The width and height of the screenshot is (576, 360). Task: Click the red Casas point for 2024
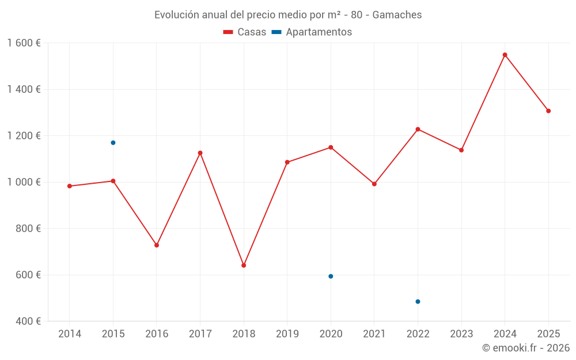coord(505,55)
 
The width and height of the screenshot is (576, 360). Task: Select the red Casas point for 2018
coord(244,266)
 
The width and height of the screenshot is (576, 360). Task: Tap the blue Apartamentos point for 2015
coord(113,143)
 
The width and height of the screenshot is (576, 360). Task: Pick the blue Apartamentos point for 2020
coord(331,276)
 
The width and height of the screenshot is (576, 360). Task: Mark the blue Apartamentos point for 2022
coord(418,302)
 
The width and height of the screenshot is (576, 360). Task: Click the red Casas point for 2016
coord(157,245)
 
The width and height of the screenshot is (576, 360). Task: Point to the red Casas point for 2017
coord(200,153)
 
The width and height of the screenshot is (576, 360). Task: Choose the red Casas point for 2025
coord(548,111)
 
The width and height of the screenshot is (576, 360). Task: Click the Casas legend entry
coord(245,32)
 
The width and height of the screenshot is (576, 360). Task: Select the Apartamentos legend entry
coord(312,32)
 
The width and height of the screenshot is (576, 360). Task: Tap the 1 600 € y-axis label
coord(24,43)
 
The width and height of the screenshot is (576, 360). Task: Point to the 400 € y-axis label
coord(28,321)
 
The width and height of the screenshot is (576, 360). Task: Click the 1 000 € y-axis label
coord(24,182)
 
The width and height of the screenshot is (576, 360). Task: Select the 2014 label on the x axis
coord(70,334)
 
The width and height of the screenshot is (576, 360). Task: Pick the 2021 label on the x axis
coord(374,334)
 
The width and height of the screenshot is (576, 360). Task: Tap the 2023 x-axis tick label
coord(461,334)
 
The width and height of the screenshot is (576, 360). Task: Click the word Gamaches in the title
coord(397,15)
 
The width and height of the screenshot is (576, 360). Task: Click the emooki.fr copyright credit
coord(525,348)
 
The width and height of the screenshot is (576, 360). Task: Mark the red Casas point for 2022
coord(418,129)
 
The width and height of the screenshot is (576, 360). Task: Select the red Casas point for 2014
coord(70,186)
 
